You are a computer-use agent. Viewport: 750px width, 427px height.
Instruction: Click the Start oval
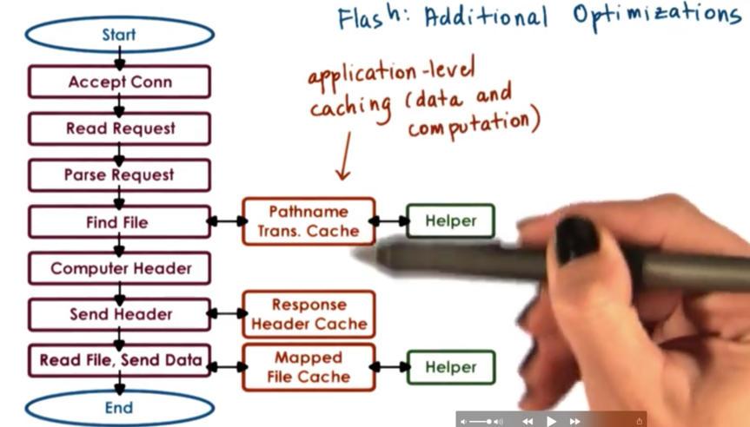tap(119, 35)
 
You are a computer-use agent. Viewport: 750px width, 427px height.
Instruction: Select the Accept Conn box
tap(119, 82)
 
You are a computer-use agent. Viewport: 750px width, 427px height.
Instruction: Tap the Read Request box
tap(119, 128)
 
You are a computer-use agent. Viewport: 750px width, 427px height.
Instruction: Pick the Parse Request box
tap(119, 175)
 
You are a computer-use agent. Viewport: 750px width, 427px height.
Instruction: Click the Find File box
tap(119, 222)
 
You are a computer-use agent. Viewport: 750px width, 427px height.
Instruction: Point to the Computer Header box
tap(119, 268)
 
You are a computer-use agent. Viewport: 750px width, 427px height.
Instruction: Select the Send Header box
tap(119, 314)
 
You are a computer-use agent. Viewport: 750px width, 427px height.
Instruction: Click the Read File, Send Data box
tap(119, 360)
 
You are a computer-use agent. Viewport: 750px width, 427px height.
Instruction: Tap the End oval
tap(119, 408)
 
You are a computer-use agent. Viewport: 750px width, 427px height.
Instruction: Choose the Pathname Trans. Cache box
tap(308, 221)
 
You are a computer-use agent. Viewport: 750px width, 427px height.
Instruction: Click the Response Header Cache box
tap(308, 314)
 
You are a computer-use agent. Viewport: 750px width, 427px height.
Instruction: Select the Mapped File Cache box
tap(308, 367)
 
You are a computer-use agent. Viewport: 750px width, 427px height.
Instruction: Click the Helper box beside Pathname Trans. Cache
tap(450, 221)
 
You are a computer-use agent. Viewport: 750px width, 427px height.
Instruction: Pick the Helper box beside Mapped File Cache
tap(450, 367)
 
